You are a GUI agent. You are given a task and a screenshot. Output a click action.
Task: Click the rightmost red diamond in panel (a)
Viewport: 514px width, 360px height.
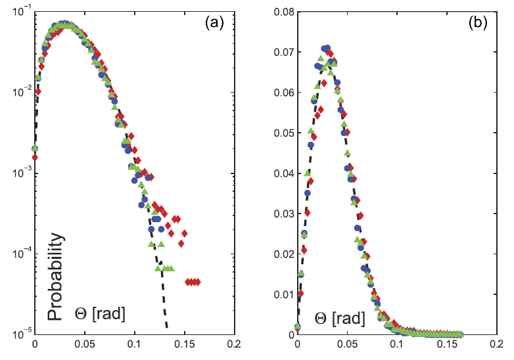point(197,282)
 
